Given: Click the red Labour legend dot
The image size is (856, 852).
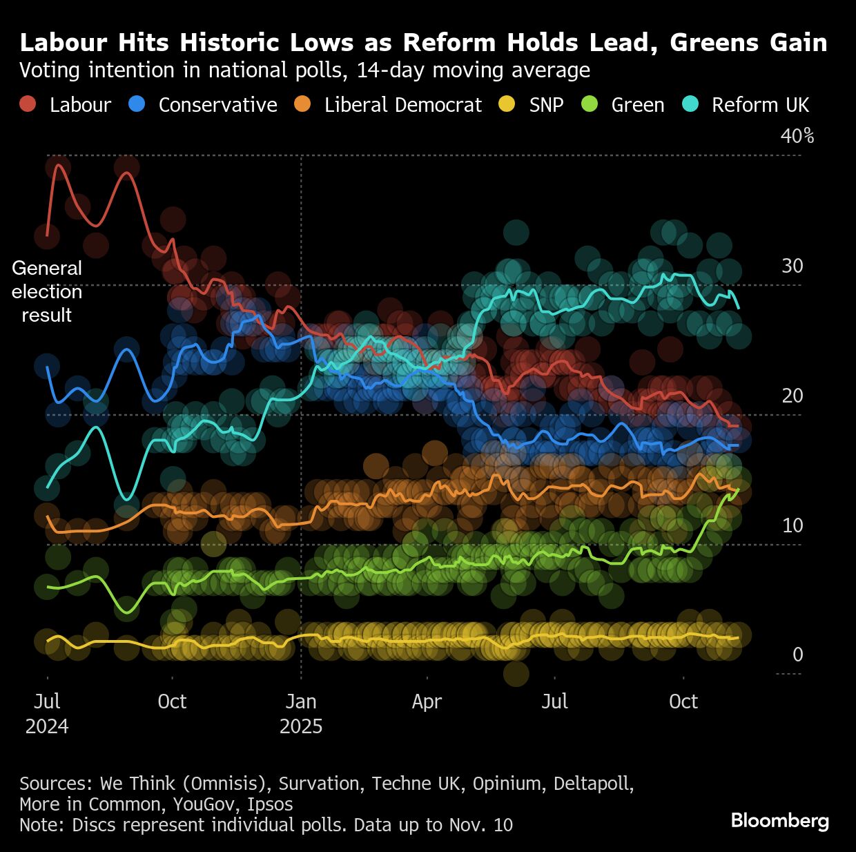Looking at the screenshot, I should (x=28, y=104).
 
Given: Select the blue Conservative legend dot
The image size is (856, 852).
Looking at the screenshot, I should (x=137, y=104).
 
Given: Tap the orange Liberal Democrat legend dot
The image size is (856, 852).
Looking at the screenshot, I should (x=302, y=104).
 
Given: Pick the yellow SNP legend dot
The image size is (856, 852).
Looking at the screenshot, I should (x=507, y=104).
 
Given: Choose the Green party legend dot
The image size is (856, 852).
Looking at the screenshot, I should (x=590, y=104).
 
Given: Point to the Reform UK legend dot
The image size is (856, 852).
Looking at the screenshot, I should (x=690, y=104).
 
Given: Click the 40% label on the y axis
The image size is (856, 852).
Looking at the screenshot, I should (x=797, y=136).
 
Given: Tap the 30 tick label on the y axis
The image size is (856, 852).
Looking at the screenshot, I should (x=792, y=266).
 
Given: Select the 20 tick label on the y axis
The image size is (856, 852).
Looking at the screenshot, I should (x=792, y=396).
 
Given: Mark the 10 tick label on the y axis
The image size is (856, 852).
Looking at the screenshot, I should (x=792, y=525).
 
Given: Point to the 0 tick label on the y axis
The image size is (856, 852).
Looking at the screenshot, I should (x=798, y=655).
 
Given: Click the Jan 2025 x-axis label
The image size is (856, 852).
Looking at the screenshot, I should (x=301, y=714).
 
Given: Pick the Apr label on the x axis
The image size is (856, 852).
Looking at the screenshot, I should (x=427, y=702).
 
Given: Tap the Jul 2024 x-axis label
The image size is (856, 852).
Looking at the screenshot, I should (x=47, y=714).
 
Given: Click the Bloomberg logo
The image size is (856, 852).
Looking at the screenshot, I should (x=779, y=820).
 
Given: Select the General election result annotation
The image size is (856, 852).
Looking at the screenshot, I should (x=47, y=291).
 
